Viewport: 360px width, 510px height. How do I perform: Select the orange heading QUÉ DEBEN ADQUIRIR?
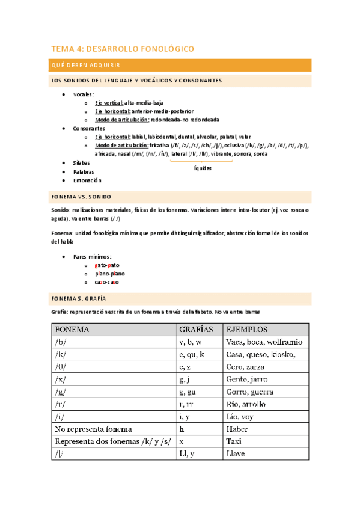(x=85, y=65)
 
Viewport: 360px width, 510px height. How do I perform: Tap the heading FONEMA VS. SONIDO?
(x=81, y=197)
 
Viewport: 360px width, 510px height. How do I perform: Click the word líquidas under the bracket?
(x=202, y=168)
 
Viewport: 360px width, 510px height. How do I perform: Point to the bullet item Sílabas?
(x=81, y=162)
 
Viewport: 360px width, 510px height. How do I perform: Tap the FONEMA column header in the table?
(x=72, y=330)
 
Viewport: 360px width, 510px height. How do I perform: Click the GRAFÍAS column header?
(x=196, y=330)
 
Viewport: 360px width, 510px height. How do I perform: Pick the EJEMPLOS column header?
(x=246, y=330)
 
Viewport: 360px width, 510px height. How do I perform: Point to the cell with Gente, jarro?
(x=246, y=379)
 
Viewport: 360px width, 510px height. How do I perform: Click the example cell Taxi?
(x=234, y=442)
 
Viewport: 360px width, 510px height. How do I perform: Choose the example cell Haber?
(x=237, y=429)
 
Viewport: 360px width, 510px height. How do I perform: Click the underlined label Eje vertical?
(x=108, y=103)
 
